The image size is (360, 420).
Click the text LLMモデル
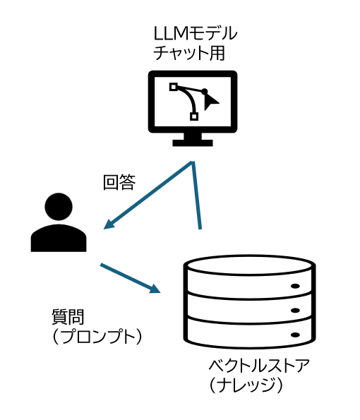pyautogui.click(x=196, y=33)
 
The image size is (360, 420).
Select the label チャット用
pyautogui.click(x=189, y=53)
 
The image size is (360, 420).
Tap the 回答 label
pyautogui.click(x=119, y=182)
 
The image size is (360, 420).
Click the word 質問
pyautogui.click(x=68, y=317)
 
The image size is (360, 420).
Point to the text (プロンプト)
pyautogui.click(x=97, y=337)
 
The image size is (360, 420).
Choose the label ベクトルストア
pyautogui.click(x=259, y=366)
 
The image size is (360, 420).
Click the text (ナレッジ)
pyautogui.click(x=246, y=385)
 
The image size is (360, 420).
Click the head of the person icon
pyautogui.click(x=59, y=207)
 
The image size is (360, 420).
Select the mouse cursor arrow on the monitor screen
pyautogui.click(x=210, y=102)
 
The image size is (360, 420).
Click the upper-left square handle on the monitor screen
pyautogui.click(x=174, y=87)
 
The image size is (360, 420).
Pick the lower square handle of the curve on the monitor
pyautogui.click(x=194, y=116)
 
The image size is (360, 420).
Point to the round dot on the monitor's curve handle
pyautogui.click(x=205, y=91)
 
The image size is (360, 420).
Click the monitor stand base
pyautogui.click(x=193, y=143)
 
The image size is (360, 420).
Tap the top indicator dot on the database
pyautogui.click(x=295, y=287)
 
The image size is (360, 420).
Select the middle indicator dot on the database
pyautogui.click(x=295, y=311)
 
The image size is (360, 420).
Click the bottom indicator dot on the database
pyautogui.click(x=295, y=335)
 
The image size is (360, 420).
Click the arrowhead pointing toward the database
pyautogui.click(x=155, y=289)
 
